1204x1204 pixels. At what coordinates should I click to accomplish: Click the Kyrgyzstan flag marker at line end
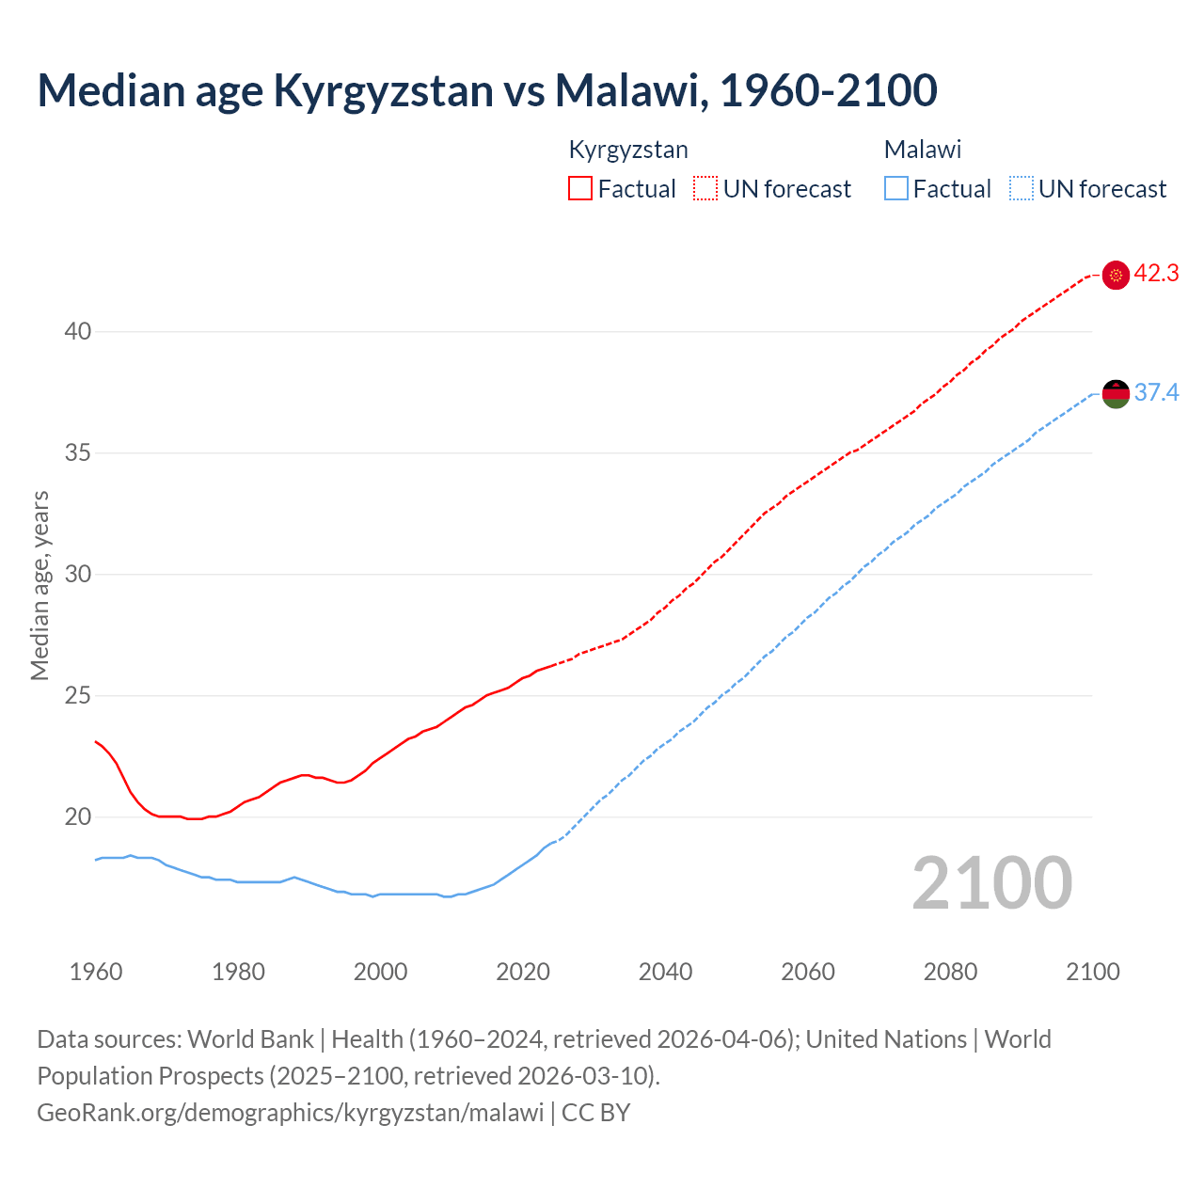point(1116,275)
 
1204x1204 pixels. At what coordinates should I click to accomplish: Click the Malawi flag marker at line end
point(1116,393)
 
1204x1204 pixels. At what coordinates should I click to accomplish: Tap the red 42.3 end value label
point(1156,274)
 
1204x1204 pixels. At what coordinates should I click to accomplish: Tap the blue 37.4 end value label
point(1156,392)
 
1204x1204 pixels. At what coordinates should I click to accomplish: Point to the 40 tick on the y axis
point(78,331)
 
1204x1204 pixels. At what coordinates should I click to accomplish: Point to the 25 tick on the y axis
point(78,696)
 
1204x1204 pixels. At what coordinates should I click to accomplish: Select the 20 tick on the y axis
point(78,816)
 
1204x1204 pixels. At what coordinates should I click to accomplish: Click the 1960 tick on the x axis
point(96,972)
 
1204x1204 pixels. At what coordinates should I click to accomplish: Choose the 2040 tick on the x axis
point(665,972)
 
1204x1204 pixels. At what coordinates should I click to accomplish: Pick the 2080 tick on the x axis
point(950,972)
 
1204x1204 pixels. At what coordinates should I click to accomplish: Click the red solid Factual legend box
point(580,189)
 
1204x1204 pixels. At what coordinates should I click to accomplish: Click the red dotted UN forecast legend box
point(705,189)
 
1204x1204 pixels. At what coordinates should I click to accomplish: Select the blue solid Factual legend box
point(896,189)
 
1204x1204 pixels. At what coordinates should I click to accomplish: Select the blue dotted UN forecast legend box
point(1021,189)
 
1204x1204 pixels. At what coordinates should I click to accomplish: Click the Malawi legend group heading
point(923,150)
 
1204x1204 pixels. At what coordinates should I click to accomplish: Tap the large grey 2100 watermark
point(992,883)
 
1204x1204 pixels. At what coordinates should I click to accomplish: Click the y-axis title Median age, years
point(40,585)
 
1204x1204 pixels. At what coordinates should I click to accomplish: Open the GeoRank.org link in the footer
point(290,1113)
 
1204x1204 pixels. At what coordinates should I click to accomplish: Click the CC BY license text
point(595,1113)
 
